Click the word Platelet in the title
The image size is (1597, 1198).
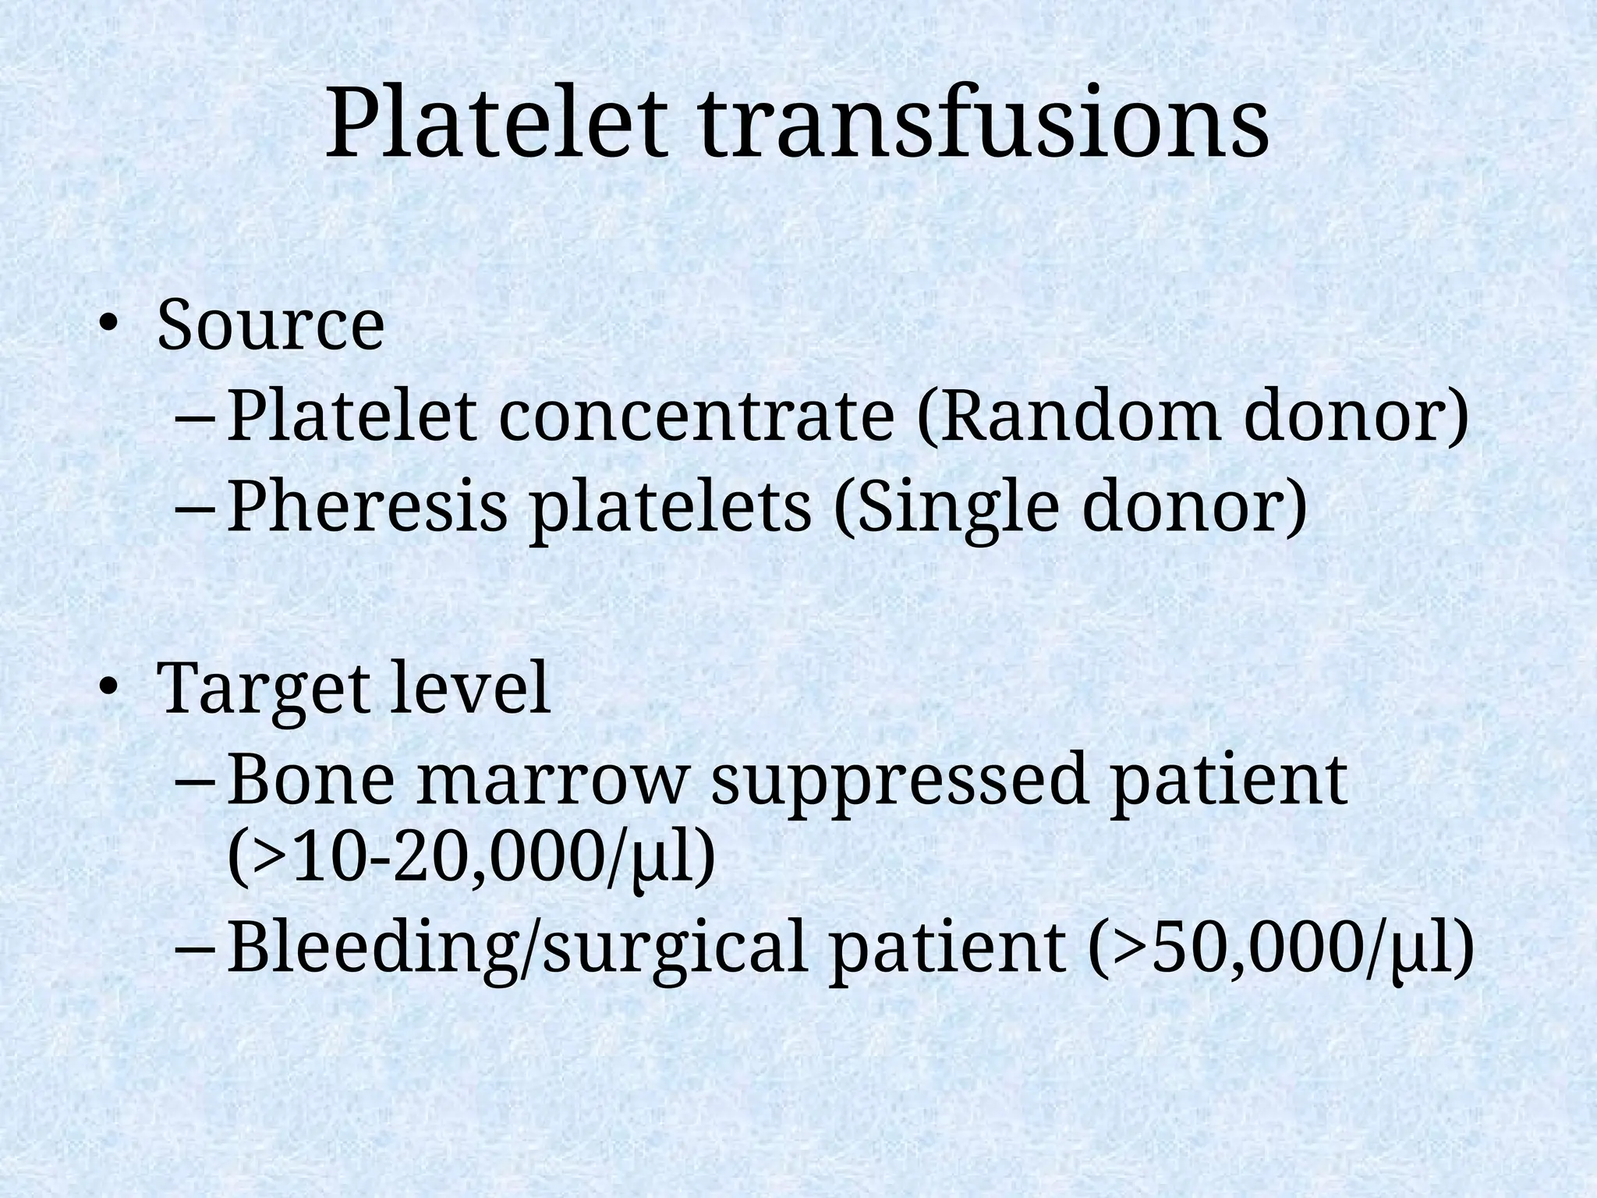[497, 125]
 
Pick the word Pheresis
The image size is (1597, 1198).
[367, 507]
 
